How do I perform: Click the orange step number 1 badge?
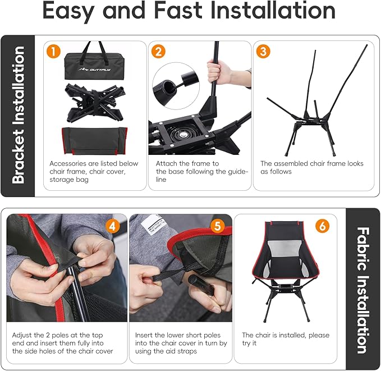[x=53, y=51]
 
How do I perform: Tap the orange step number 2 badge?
[x=158, y=51]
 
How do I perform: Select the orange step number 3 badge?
[x=263, y=51]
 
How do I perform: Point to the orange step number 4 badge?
[x=112, y=226]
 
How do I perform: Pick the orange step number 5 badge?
[x=218, y=226]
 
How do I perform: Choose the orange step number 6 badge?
[x=323, y=226]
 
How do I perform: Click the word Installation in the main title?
[x=273, y=10]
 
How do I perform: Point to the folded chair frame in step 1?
[x=94, y=102]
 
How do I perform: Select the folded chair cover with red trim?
[x=94, y=140]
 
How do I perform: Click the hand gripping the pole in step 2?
[x=218, y=72]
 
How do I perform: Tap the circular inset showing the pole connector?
[x=176, y=85]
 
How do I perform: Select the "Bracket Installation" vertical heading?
[x=18, y=114]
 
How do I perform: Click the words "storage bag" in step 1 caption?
[x=69, y=180]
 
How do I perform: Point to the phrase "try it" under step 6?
[x=249, y=343]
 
